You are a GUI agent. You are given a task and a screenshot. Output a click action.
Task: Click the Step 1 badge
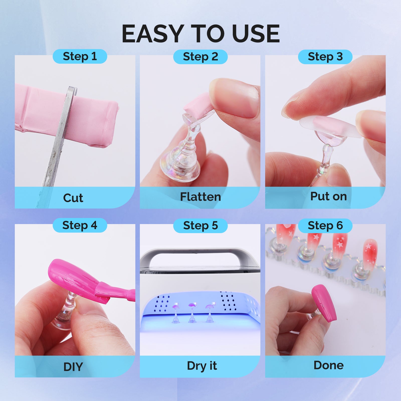(x=80, y=56)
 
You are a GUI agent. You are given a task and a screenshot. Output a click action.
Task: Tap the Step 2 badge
(x=200, y=57)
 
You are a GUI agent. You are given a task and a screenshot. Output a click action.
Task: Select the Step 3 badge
(x=325, y=57)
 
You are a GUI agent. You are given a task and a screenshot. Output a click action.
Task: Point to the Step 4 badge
(x=80, y=225)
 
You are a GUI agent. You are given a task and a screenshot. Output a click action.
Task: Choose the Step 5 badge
(x=200, y=226)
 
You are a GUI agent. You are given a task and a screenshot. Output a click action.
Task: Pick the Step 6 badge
(x=325, y=226)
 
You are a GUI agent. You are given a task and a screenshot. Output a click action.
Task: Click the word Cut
(x=73, y=198)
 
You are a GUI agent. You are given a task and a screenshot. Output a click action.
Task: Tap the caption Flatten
(x=200, y=197)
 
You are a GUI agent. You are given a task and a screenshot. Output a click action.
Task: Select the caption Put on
(x=328, y=196)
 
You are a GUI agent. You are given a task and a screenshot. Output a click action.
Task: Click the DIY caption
(x=73, y=367)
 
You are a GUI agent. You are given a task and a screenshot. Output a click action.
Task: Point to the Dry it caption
(x=202, y=366)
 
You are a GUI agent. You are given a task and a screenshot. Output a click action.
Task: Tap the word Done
(x=328, y=365)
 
